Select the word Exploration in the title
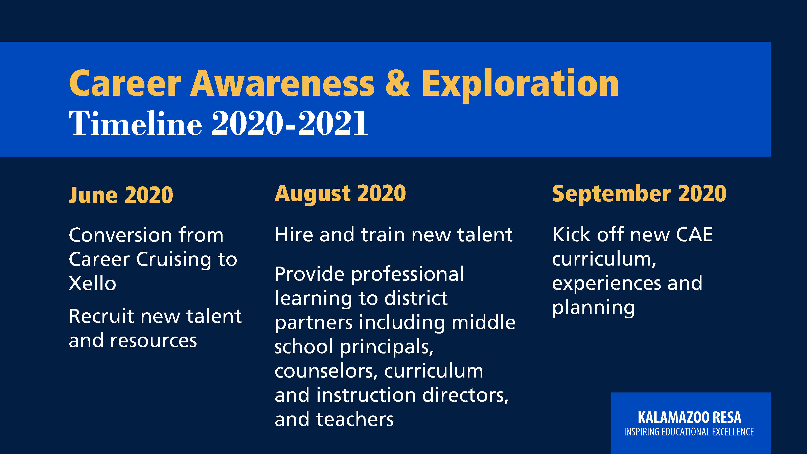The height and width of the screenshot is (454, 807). coord(520,85)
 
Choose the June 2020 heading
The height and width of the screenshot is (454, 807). coord(121,195)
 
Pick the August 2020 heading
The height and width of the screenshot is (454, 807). coord(340,194)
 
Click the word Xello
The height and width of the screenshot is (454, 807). coord(92,283)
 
